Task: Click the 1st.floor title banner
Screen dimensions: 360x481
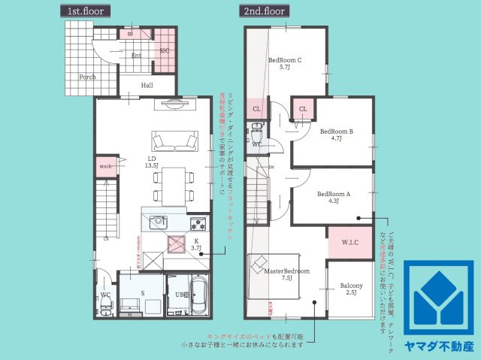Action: pyautogui.click(x=85, y=11)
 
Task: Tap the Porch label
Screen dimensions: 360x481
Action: pyautogui.click(x=87, y=76)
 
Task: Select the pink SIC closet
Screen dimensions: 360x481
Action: pyautogui.click(x=165, y=49)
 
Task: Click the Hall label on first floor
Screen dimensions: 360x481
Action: pyautogui.click(x=147, y=85)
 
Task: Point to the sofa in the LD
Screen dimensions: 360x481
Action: pyautogui.click(x=175, y=141)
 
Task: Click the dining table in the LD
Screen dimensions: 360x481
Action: pyautogui.click(x=171, y=184)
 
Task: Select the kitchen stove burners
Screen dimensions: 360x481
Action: pyautogui.click(x=198, y=222)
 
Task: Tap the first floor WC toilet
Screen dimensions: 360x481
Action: pyautogui.click(x=107, y=303)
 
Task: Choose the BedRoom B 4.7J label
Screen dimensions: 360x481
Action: pyautogui.click(x=336, y=134)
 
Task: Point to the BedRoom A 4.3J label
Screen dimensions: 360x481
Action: pyautogui.click(x=333, y=196)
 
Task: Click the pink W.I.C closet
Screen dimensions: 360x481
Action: pyautogui.click(x=350, y=242)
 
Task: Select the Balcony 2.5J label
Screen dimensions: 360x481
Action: pyautogui.click(x=351, y=289)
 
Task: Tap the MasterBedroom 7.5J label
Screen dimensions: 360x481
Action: pyautogui.click(x=286, y=273)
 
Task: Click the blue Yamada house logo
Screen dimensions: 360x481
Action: pyautogui.click(x=439, y=298)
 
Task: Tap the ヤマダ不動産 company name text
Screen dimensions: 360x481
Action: pyautogui.click(x=439, y=346)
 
